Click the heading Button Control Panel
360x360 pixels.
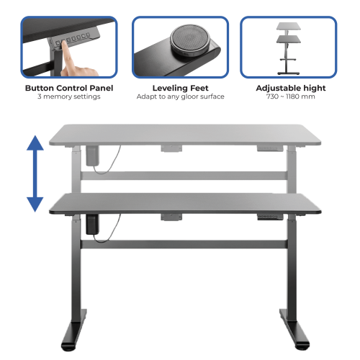coord(69,88)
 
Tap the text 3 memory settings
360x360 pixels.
coord(69,96)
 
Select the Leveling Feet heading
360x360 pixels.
coord(181,88)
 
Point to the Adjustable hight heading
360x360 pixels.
coord(291,88)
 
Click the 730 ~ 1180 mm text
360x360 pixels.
coord(291,96)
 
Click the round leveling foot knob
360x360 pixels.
coord(189,40)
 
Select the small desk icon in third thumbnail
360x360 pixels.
coord(288,49)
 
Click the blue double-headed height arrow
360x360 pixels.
coord(35,174)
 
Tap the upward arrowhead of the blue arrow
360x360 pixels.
coord(35,143)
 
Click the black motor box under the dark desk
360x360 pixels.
coord(92,224)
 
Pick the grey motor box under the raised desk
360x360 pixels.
coord(92,156)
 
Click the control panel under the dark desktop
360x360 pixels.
coord(270,217)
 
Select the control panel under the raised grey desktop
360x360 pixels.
coord(270,148)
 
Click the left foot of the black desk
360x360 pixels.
coord(73,330)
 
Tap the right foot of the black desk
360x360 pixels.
coord(294,329)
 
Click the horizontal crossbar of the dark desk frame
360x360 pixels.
coord(184,244)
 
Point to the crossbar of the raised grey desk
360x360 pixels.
coord(184,176)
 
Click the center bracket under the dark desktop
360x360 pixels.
coord(171,217)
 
